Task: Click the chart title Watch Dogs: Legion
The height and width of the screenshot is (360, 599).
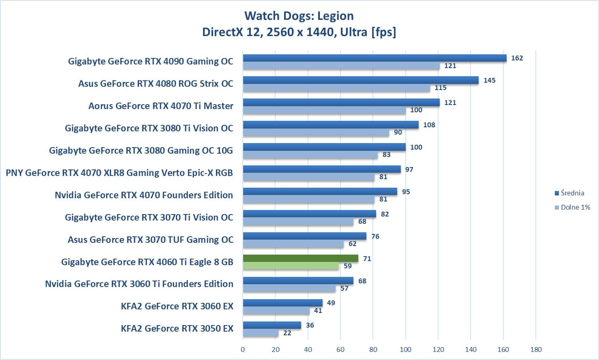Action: click(299, 16)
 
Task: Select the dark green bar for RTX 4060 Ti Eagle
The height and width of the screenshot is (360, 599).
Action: click(300, 258)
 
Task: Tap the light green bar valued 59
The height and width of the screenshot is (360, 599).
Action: click(291, 266)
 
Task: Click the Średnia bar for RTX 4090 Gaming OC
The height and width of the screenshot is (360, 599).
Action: click(374, 58)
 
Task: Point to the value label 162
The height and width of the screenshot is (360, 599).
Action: click(517, 58)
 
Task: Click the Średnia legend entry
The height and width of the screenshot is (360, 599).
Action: click(569, 193)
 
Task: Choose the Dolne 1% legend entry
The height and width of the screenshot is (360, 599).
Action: click(572, 207)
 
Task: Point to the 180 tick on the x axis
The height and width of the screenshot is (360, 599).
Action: click(536, 349)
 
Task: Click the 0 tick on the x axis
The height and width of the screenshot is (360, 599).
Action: click(243, 349)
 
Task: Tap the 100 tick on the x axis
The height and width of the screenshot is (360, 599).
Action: click(405, 349)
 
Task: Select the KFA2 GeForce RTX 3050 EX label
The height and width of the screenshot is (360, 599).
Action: click(177, 328)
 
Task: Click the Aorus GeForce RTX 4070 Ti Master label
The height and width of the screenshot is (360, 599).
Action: click(161, 106)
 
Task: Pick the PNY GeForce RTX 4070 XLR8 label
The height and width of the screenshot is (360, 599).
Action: click(119, 173)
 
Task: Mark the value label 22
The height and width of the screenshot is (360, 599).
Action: click(287, 333)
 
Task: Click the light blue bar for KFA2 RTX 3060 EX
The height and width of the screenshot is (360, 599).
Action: click(276, 311)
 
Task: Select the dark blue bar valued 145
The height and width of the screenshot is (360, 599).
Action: click(361, 80)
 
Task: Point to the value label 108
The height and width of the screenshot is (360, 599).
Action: click(429, 125)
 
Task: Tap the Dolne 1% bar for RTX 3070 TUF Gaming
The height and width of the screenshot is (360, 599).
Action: click(293, 244)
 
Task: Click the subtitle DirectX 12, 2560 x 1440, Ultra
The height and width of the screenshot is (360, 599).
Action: click(299, 32)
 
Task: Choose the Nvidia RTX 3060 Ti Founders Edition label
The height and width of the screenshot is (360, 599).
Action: click(139, 284)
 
